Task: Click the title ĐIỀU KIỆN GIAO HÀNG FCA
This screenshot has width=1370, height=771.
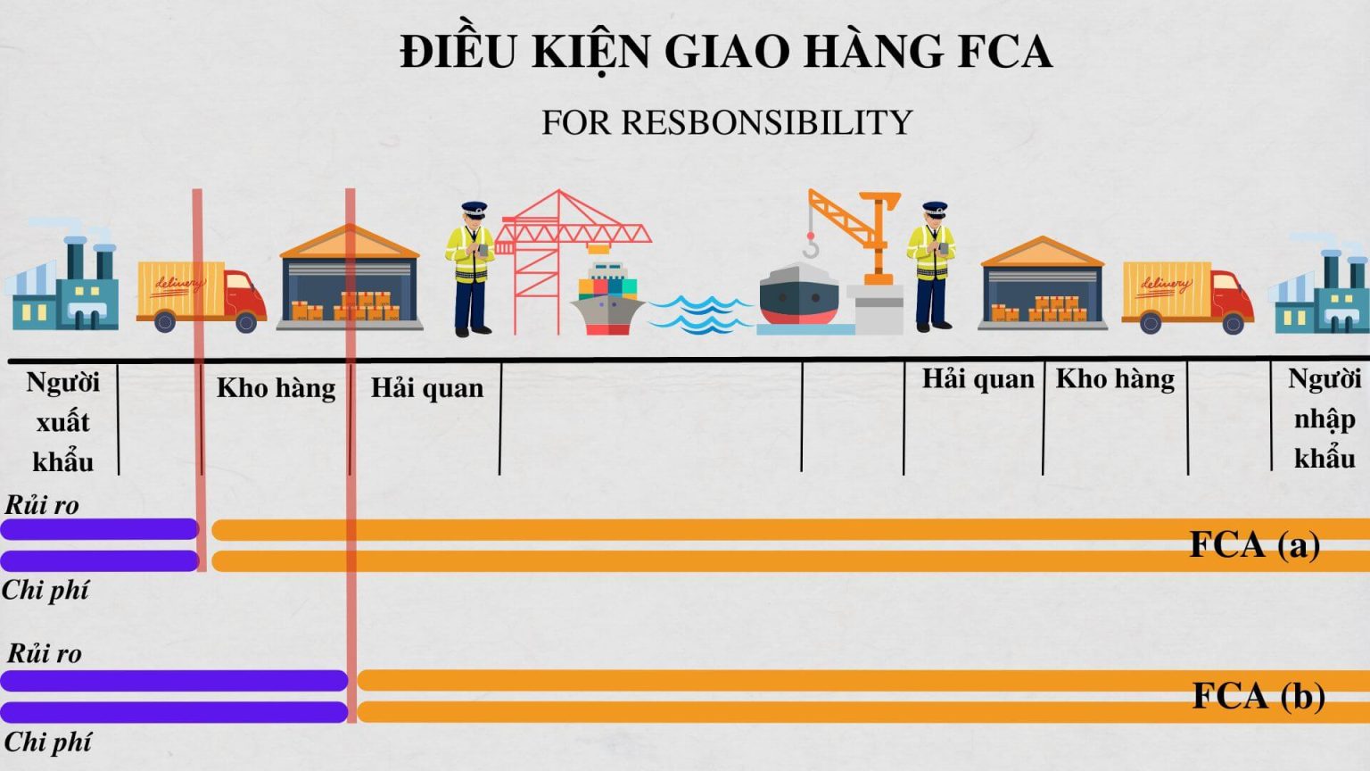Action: coord(725,52)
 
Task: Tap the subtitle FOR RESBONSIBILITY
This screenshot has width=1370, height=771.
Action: coord(727,122)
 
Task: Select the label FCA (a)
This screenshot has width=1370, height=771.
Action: coord(1254,544)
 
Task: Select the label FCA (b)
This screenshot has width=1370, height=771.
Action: coord(1258,696)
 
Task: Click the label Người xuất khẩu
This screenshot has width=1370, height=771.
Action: coord(62,421)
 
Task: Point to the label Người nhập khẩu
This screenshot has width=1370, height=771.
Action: coord(1324,418)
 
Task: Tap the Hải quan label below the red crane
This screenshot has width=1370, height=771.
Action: coord(427,388)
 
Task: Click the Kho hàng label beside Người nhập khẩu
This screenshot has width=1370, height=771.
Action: coord(1115,379)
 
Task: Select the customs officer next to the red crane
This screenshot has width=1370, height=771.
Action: coord(472,268)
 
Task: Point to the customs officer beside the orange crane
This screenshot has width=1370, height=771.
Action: coord(932,266)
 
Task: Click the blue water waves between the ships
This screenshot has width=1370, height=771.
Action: coord(699,314)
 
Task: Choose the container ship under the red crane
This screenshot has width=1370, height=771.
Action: coord(607,299)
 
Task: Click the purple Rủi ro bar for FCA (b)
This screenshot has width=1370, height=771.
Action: coord(174,681)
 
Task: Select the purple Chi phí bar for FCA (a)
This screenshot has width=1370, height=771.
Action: coord(99,560)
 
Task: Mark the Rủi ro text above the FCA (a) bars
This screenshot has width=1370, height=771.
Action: coord(42,505)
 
